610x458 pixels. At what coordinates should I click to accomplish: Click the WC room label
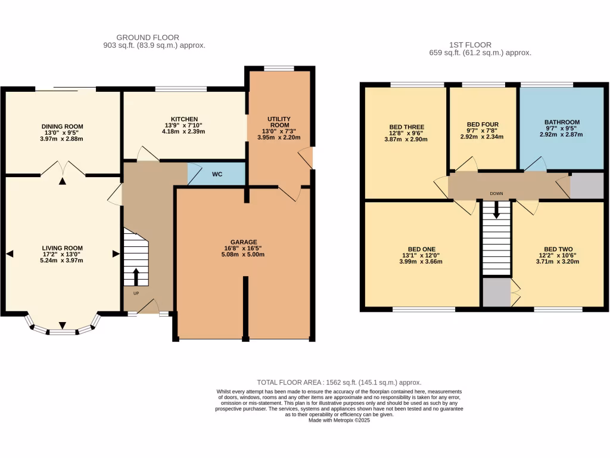[x=217, y=175]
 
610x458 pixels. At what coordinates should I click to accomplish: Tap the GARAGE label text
[x=244, y=242]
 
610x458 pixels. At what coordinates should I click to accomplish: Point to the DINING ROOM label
[x=62, y=126]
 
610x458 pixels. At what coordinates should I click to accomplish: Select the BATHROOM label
[x=561, y=122]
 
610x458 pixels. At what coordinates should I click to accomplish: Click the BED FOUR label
[x=482, y=125]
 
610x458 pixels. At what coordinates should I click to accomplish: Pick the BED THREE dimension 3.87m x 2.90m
[x=406, y=139]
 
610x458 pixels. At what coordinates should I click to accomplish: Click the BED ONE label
[x=421, y=249]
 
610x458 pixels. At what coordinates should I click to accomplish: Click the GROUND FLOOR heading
[x=147, y=38]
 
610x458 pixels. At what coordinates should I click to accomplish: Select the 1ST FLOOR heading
[x=470, y=44]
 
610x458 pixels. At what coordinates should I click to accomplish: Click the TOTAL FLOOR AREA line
[x=339, y=382]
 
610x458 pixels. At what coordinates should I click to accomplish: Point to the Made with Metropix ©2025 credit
[x=339, y=420]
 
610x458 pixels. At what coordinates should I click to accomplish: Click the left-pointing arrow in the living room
[x=9, y=254]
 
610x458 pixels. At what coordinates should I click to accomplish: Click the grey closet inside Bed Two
[x=496, y=293]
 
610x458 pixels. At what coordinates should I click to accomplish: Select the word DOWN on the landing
[x=496, y=194]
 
